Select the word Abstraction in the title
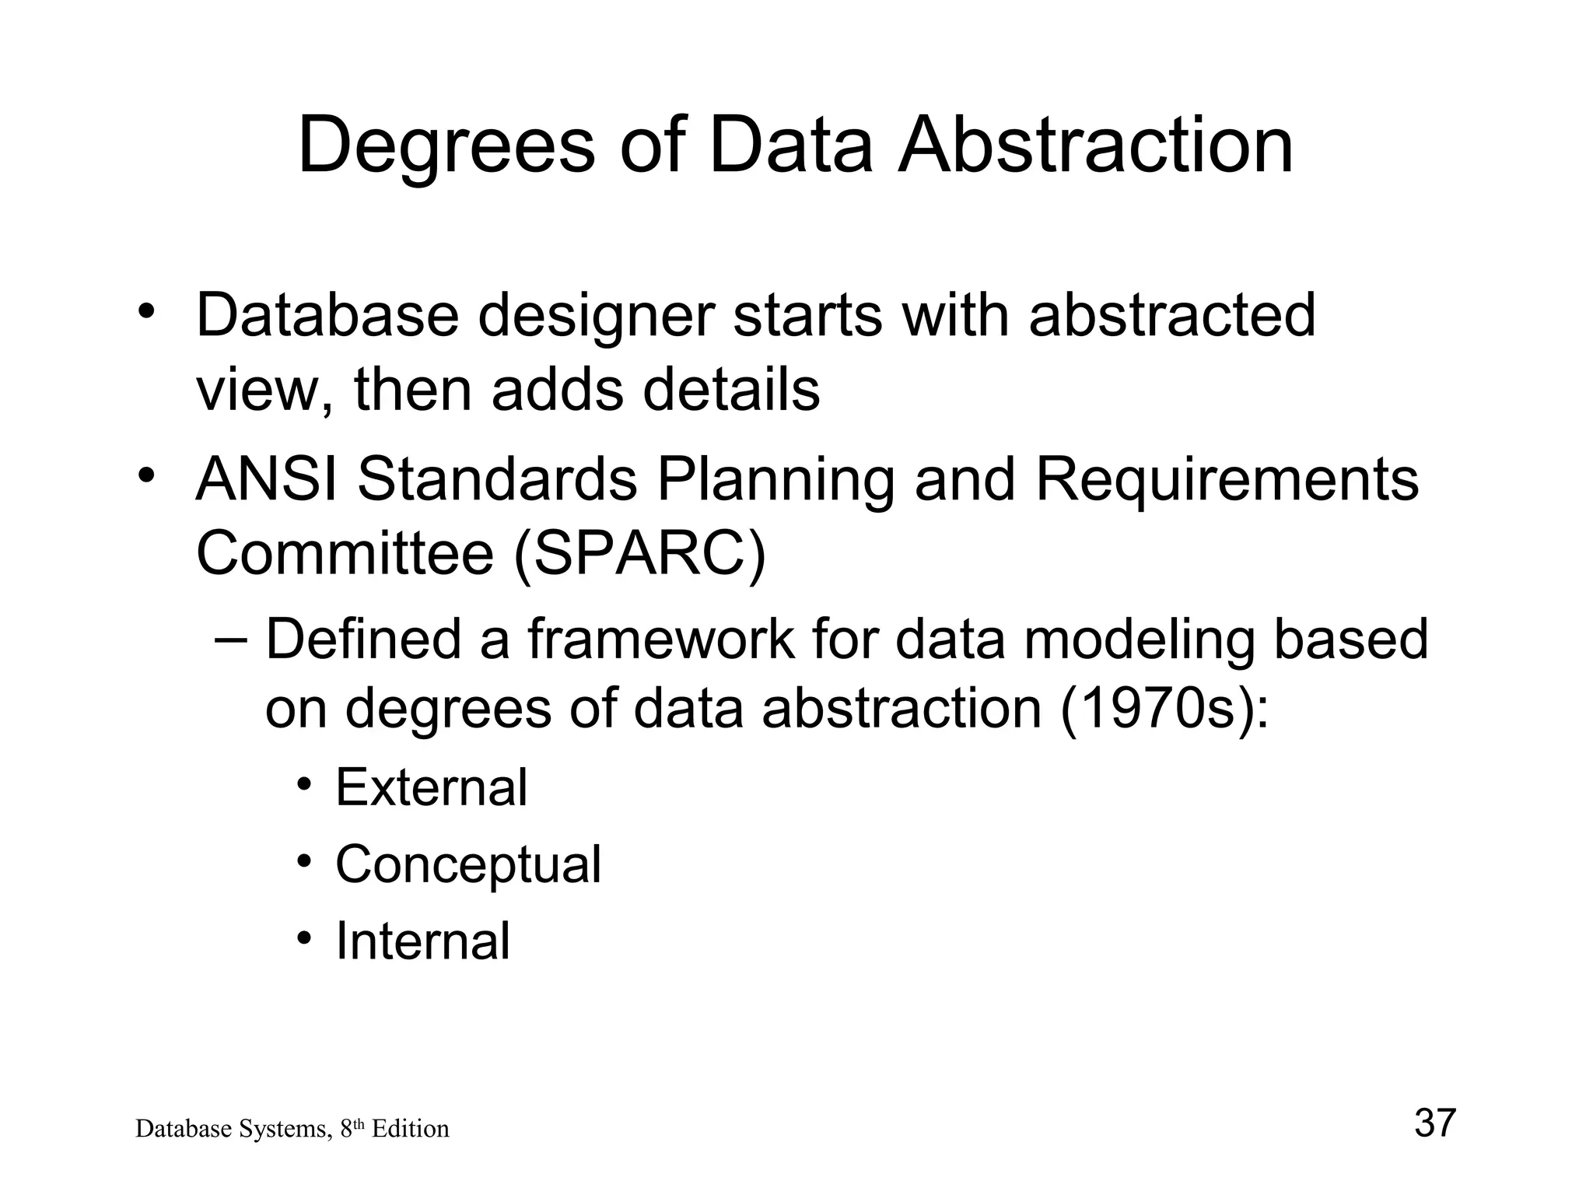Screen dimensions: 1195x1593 click(x=1096, y=145)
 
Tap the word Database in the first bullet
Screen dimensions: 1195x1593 click(x=327, y=315)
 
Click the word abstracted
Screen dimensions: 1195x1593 click(x=1172, y=315)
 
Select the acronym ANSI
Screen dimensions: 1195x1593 click(x=267, y=479)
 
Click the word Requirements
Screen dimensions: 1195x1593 click(x=1227, y=481)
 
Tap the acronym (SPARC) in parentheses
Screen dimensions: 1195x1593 click(x=640, y=553)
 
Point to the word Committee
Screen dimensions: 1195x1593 click(x=345, y=553)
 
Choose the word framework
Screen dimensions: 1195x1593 click(x=661, y=640)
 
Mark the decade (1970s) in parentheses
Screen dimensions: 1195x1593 click(x=1164, y=709)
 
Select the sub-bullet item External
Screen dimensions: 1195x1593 click(x=431, y=787)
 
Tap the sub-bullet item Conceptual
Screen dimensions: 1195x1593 click(x=468, y=865)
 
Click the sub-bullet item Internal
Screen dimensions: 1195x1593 click(x=422, y=941)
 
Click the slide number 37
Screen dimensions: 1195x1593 click(x=1434, y=1123)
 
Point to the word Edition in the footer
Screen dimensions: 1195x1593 click(x=410, y=1129)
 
